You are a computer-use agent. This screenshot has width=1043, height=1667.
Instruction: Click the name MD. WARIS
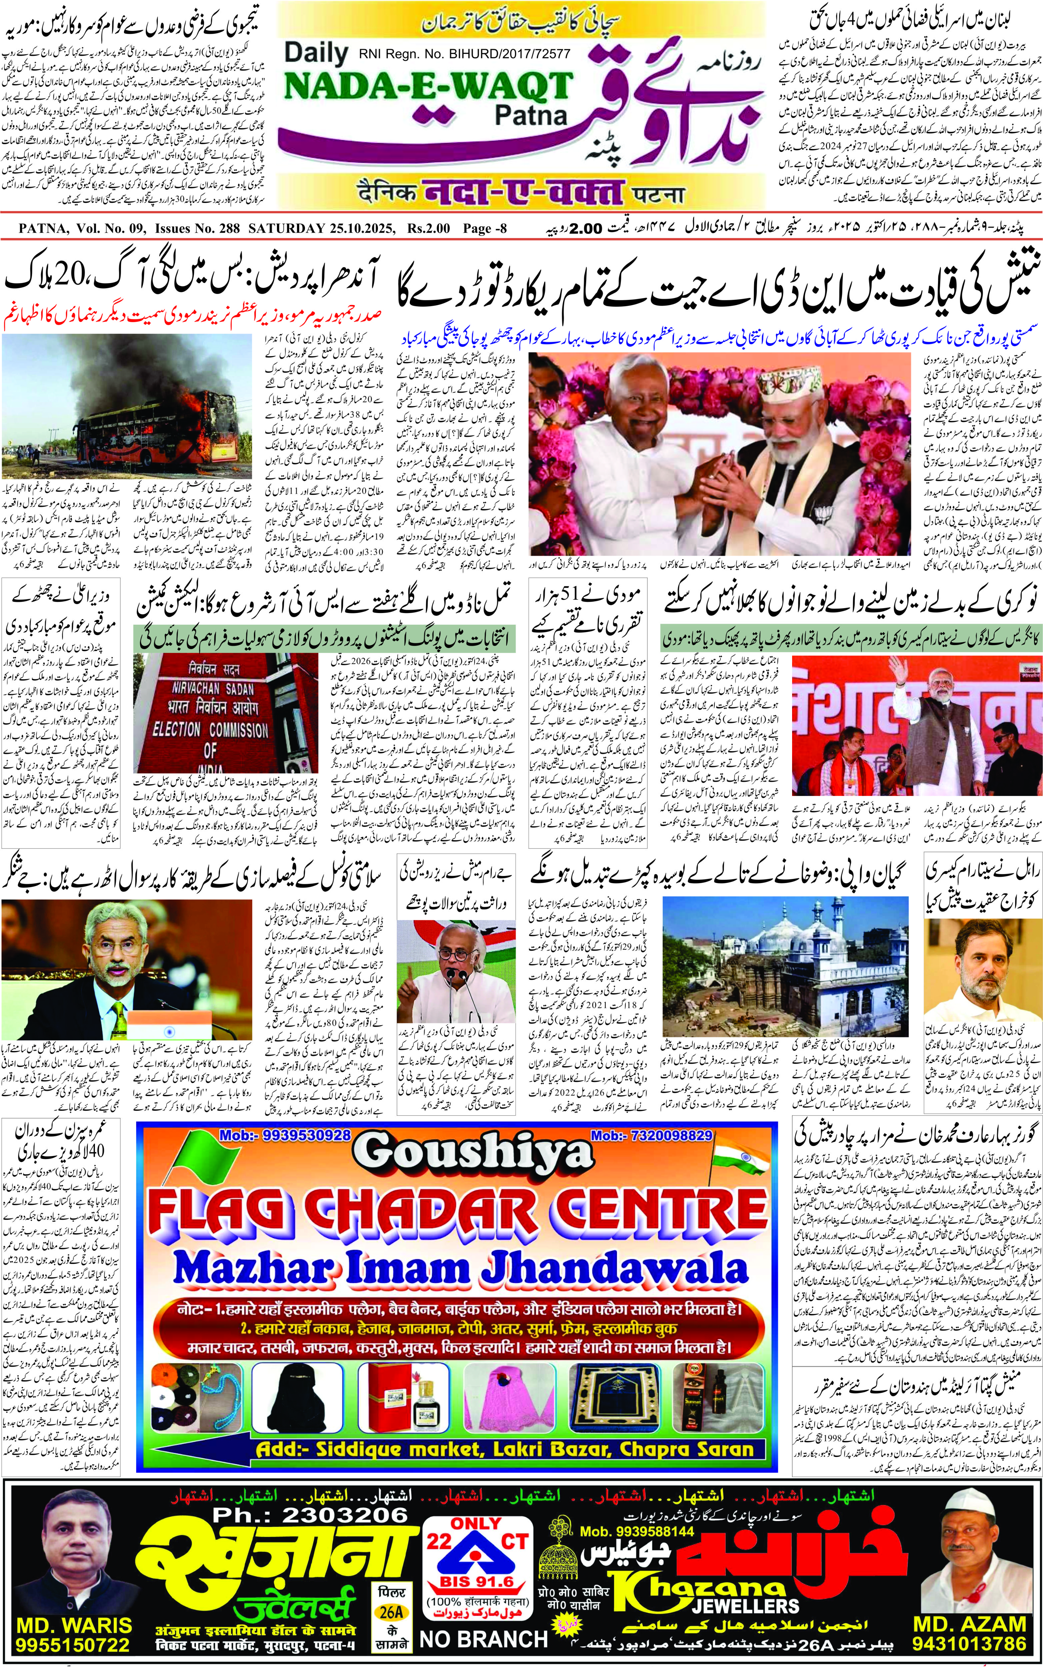click(x=74, y=1623)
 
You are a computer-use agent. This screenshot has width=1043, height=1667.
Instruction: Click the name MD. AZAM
click(x=969, y=1623)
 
